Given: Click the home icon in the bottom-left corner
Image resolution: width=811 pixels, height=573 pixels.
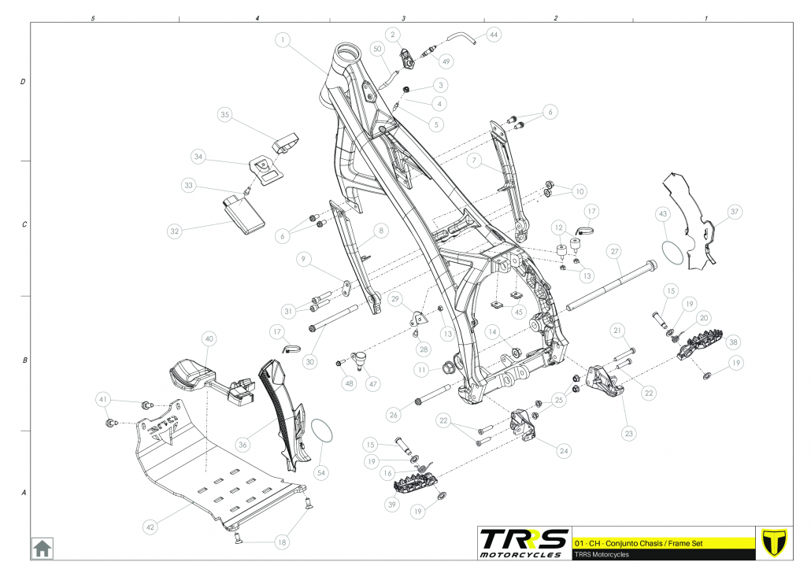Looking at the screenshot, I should click(x=42, y=547).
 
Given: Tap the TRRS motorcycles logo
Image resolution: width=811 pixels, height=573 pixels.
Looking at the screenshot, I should click(x=524, y=542).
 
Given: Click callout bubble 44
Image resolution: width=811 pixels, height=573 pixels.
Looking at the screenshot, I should click(x=494, y=35).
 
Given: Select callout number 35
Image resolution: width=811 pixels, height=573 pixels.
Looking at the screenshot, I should click(x=225, y=115).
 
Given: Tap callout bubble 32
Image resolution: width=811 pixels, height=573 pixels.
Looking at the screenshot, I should click(x=175, y=231).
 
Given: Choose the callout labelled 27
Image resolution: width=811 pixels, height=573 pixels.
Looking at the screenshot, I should click(x=615, y=251).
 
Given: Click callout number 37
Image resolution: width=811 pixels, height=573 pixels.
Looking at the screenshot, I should click(x=734, y=212).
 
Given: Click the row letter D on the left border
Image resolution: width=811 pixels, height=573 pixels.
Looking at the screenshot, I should click(x=22, y=82).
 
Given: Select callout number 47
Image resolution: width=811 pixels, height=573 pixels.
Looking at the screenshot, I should click(x=372, y=385).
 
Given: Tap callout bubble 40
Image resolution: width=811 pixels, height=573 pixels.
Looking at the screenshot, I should click(x=209, y=339).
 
